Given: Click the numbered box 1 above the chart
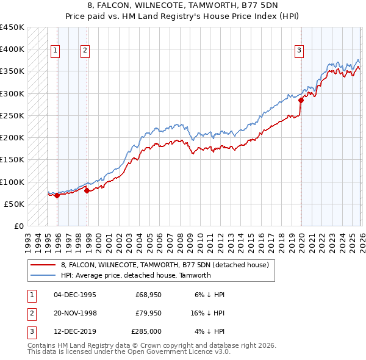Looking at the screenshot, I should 56,51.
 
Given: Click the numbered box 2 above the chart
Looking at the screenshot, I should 85,51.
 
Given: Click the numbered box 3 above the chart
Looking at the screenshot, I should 300,51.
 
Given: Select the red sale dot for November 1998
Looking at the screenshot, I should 87,190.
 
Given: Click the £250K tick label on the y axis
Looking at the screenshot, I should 12,115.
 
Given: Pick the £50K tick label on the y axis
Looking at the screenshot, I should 15,204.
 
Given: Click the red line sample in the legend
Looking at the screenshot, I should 43,265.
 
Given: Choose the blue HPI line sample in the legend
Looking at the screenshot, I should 43,275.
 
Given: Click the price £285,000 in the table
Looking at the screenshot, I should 146,331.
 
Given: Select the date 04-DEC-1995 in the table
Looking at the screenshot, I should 75,295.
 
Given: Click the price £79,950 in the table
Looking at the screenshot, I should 148,313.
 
